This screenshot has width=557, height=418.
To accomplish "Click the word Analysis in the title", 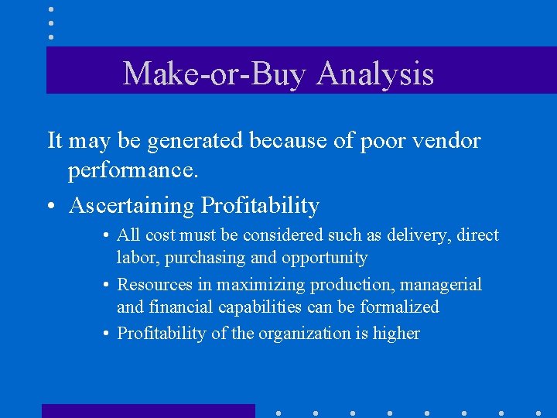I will click(x=375, y=74).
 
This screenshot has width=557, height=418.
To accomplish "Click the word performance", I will click(x=133, y=172).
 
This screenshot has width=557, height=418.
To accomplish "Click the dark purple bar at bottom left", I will click(x=148, y=410).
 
